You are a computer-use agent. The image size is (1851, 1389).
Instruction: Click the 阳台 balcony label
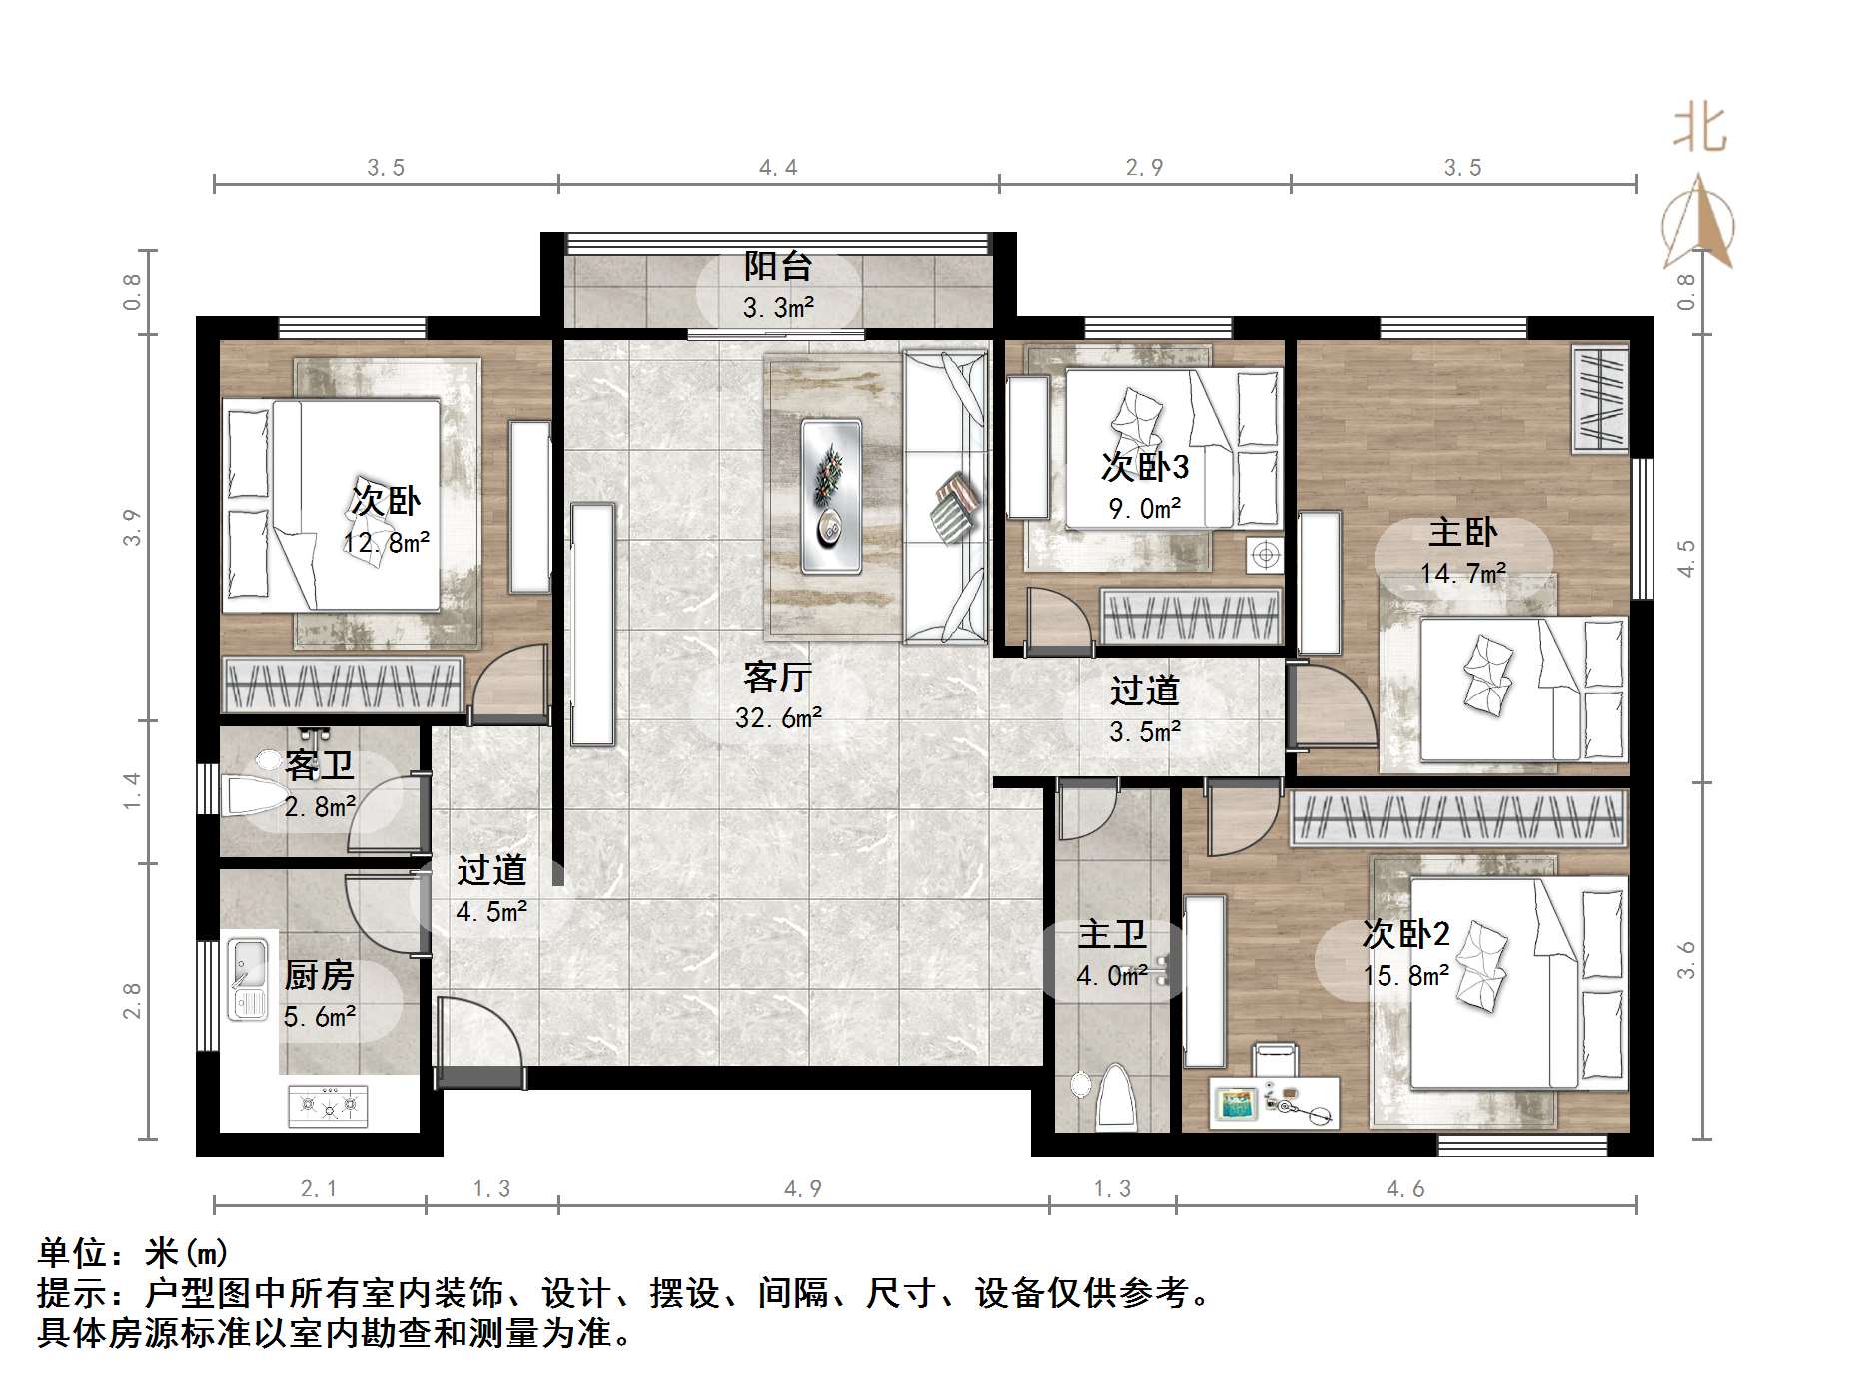(x=777, y=266)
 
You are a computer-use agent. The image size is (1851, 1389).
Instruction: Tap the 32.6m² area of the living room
(x=778, y=717)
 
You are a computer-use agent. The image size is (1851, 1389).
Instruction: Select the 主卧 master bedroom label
(x=1462, y=531)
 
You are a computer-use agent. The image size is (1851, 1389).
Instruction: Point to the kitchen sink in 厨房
(x=247, y=979)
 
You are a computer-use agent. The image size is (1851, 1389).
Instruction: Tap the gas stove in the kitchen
(x=328, y=1105)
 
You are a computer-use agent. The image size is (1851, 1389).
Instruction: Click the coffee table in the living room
(x=831, y=496)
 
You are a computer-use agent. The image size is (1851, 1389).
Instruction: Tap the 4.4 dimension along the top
(x=778, y=168)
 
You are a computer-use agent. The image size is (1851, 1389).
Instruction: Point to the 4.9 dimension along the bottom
(x=803, y=1188)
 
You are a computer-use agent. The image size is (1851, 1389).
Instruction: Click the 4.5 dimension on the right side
(x=1686, y=558)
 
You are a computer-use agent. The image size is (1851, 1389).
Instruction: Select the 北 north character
(x=1699, y=130)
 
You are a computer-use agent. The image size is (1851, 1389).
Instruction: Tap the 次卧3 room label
(x=1144, y=466)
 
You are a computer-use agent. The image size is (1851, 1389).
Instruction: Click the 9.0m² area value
(x=1144, y=509)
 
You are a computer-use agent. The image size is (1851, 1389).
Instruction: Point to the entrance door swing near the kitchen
(x=477, y=1034)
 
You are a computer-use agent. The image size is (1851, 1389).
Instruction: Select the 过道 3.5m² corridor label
(x=1144, y=691)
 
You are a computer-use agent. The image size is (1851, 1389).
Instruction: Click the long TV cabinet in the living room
(x=592, y=625)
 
